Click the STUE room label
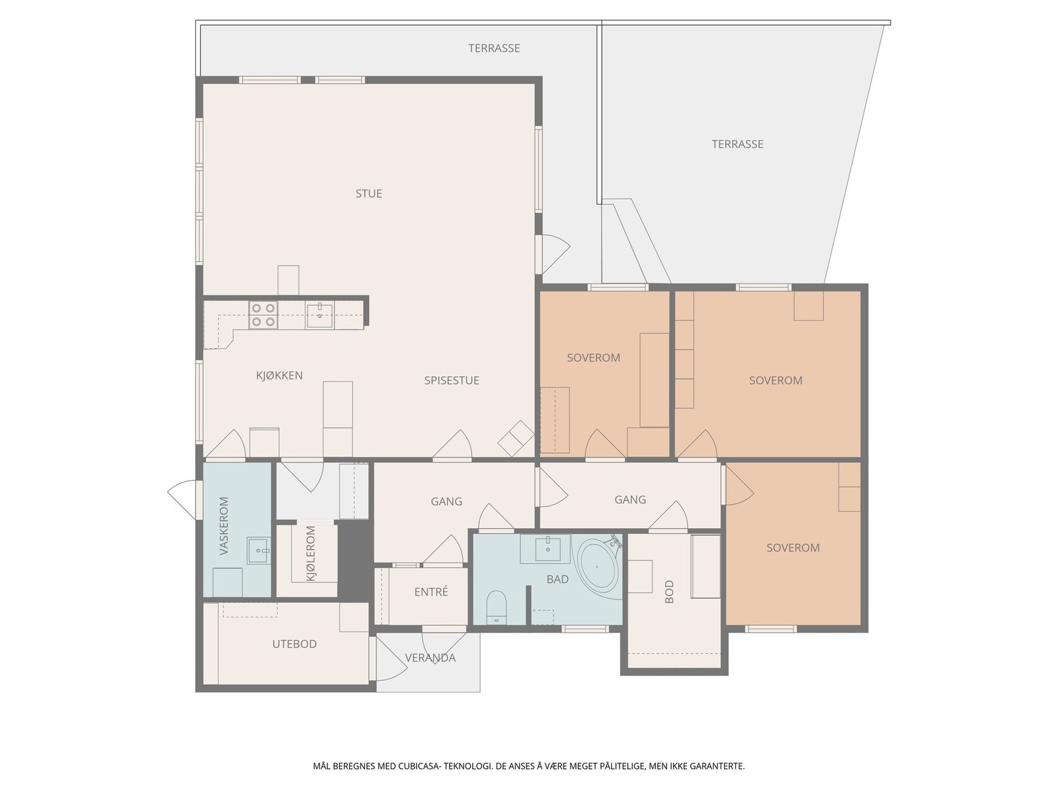(369, 194)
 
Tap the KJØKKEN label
(279, 375)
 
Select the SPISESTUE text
(452, 381)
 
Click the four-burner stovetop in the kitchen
(264, 315)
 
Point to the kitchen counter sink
(319, 316)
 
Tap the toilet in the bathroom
(496, 607)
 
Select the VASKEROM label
(224, 526)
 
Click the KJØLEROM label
(311, 553)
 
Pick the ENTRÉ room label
(431, 591)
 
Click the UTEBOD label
(294, 644)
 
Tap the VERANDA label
(430, 658)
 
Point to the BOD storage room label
(669, 591)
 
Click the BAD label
(557, 580)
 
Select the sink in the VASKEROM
(259, 550)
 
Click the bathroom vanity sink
(548, 548)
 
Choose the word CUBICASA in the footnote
(419, 766)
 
